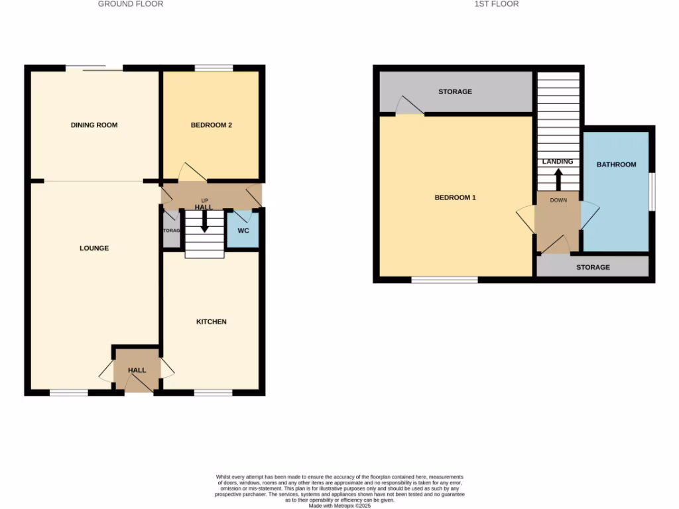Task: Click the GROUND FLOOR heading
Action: click(x=130, y=4)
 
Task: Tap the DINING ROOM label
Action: click(x=94, y=125)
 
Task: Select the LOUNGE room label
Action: click(x=94, y=249)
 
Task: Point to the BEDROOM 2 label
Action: click(x=211, y=125)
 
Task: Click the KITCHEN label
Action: click(x=211, y=322)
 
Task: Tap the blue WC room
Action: click(x=243, y=231)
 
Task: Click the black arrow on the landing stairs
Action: click(x=558, y=179)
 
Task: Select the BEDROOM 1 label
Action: click(x=455, y=198)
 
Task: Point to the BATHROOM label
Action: click(x=616, y=164)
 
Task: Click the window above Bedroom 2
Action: click(x=214, y=68)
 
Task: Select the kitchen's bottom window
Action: click(x=213, y=393)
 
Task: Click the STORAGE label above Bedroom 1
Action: click(x=455, y=91)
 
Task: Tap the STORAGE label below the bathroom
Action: click(x=593, y=268)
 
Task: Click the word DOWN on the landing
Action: click(x=558, y=199)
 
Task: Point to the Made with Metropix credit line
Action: click(x=339, y=504)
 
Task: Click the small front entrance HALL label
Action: click(x=137, y=370)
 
